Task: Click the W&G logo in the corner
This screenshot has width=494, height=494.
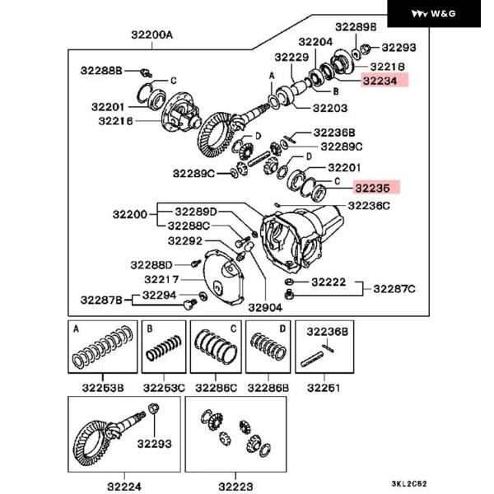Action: click(x=445, y=14)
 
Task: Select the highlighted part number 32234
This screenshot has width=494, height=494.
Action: click(x=380, y=81)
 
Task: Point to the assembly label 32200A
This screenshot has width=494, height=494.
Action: click(x=152, y=35)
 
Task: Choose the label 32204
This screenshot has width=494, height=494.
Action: click(x=315, y=41)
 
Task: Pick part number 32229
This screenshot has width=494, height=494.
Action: click(x=291, y=57)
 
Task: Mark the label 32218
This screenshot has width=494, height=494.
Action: click(x=387, y=66)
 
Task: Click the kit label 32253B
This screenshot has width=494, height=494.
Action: click(x=104, y=387)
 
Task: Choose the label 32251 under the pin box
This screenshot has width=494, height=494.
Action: click(x=323, y=387)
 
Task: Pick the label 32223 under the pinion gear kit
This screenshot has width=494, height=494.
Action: click(x=235, y=487)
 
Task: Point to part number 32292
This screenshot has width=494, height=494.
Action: click(x=184, y=241)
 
